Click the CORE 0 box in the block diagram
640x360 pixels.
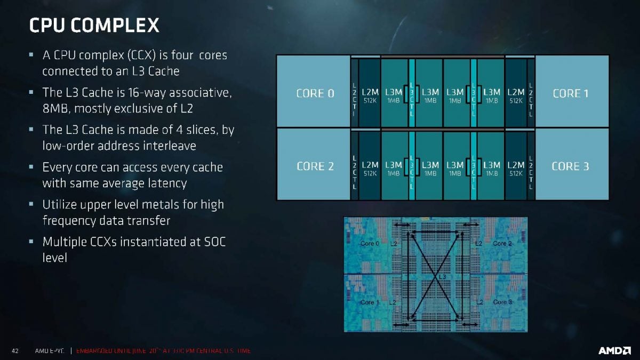315,93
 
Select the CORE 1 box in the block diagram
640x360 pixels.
570,93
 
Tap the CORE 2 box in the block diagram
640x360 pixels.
315,166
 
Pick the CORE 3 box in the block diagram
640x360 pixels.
570,166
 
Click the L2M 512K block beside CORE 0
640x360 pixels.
370,95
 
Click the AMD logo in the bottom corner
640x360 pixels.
614,350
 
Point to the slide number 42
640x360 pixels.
15,351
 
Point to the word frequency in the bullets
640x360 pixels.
69,220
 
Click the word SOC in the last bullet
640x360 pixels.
214,242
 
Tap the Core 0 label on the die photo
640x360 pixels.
370,244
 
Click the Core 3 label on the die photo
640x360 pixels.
503,302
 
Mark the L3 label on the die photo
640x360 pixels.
442,277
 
